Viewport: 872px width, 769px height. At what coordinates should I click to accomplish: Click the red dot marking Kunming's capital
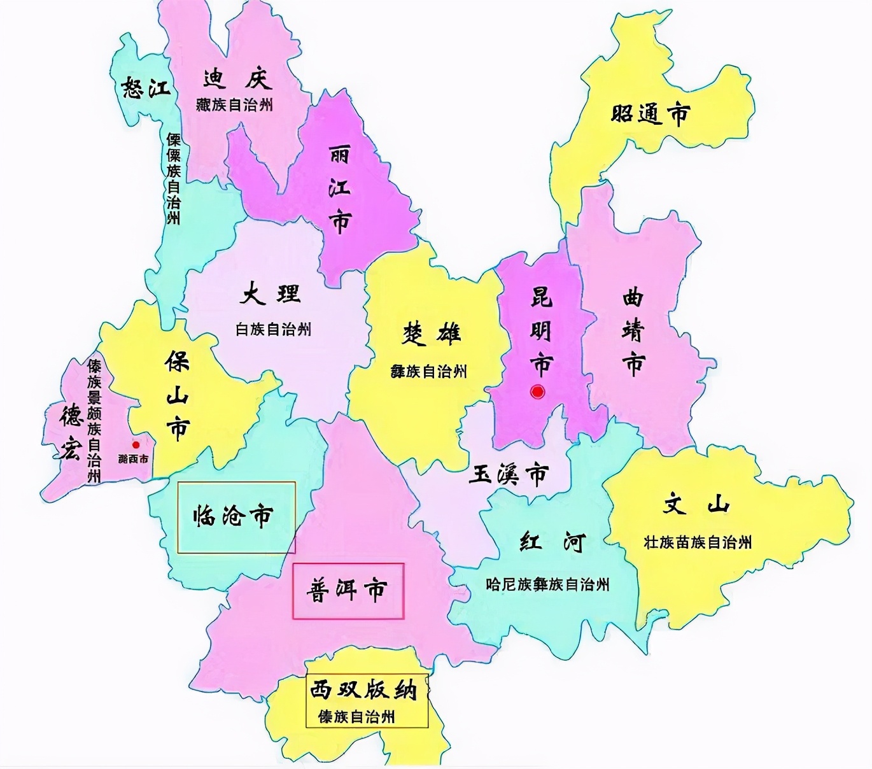(x=538, y=392)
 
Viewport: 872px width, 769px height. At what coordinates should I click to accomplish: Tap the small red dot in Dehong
(x=136, y=445)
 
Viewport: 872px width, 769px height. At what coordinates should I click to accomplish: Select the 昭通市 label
(x=650, y=114)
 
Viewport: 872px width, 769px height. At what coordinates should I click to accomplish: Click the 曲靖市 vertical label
(x=633, y=332)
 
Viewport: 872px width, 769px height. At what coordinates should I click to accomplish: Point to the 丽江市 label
(x=340, y=189)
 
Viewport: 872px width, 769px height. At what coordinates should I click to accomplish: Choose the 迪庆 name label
(x=237, y=79)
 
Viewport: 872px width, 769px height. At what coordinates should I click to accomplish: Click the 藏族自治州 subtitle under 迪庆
(x=234, y=104)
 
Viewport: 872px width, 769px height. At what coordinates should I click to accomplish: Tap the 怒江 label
(x=146, y=88)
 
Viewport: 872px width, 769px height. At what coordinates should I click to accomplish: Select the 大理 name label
(x=271, y=294)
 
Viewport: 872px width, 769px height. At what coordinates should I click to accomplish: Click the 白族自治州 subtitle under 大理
(x=273, y=329)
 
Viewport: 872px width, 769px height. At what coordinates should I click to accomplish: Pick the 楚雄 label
(x=431, y=334)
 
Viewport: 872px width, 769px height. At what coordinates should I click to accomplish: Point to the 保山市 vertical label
(x=177, y=395)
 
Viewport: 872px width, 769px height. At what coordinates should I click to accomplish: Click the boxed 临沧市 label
(x=233, y=516)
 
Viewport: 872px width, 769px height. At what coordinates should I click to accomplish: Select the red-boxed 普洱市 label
(x=348, y=590)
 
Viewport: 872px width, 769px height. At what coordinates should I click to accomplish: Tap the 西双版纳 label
(x=363, y=689)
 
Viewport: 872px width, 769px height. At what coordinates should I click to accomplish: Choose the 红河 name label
(x=551, y=542)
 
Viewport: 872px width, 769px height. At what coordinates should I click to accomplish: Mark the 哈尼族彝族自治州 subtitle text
(x=547, y=584)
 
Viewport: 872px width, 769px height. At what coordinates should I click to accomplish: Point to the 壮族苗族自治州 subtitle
(x=698, y=542)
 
